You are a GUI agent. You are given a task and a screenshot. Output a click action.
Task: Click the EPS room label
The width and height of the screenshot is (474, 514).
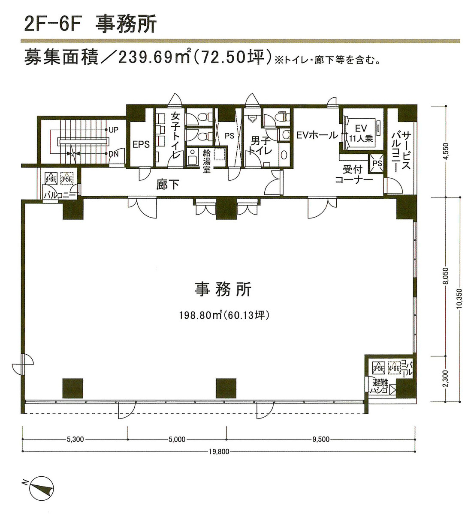pos(141,144)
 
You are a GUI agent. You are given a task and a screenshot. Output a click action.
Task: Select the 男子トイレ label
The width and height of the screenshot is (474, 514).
pos(261,145)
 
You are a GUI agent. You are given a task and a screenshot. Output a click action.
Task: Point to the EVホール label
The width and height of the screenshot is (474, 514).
pos(317,135)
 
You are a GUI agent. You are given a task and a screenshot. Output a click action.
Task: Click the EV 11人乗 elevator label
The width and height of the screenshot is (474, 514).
pos(361,133)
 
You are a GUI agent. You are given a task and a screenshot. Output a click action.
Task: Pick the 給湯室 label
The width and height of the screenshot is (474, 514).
pos(206,161)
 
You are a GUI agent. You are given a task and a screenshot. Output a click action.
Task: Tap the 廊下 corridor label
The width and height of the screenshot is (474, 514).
pos(167,185)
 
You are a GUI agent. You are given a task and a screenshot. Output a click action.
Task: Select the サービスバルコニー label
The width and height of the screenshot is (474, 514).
pos(401,150)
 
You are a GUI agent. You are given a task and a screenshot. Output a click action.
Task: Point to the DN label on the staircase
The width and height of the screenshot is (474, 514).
pos(114,154)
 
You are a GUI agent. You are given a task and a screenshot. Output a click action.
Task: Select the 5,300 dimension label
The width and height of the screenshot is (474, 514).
pos(75,439)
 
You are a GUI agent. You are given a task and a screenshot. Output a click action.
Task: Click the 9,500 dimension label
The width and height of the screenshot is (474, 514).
pos(321,439)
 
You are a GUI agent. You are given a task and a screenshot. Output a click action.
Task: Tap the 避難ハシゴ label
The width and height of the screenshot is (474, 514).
pos(379,386)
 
